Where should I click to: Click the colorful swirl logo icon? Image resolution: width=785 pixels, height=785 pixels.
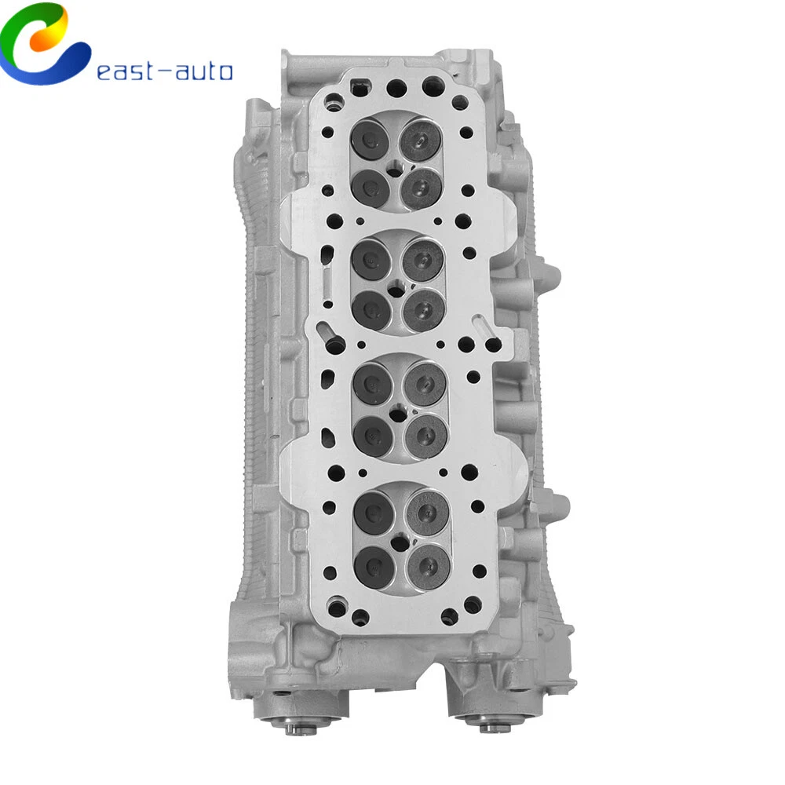[44, 43]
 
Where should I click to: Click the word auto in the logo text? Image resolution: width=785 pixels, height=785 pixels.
[205, 71]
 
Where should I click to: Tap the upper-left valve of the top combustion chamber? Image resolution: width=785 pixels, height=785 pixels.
[371, 140]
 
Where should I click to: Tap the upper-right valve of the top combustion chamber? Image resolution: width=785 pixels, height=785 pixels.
[421, 140]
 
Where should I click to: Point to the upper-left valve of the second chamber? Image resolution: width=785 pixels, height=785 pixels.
[371, 259]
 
